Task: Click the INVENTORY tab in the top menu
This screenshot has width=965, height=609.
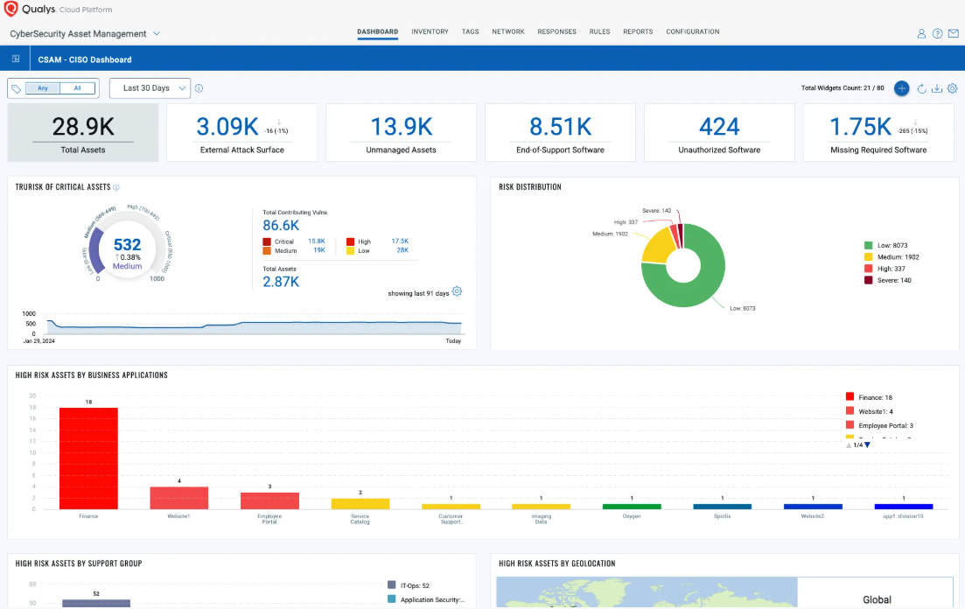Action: click(x=430, y=31)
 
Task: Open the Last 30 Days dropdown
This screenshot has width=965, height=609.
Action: click(x=150, y=88)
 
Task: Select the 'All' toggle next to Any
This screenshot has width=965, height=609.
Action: click(x=77, y=88)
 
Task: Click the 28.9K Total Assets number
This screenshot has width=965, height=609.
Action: click(x=83, y=127)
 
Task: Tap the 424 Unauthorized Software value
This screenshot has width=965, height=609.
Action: click(x=719, y=127)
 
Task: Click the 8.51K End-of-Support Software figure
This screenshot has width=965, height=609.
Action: click(x=560, y=127)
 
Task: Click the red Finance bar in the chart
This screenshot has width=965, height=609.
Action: click(x=88, y=458)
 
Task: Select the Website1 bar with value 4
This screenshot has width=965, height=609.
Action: click(x=179, y=498)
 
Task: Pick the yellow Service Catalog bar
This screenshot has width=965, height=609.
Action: click(x=360, y=504)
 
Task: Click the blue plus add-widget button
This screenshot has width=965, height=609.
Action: click(x=901, y=88)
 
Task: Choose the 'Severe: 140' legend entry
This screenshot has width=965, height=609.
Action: click(x=888, y=280)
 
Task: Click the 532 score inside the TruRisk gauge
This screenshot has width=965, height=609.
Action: click(x=127, y=244)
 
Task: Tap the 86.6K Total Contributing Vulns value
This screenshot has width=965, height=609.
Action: click(x=281, y=225)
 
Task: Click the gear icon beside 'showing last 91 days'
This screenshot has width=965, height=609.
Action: click(x=457, y=292)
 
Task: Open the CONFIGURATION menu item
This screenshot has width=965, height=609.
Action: click(x=692, y=31)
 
